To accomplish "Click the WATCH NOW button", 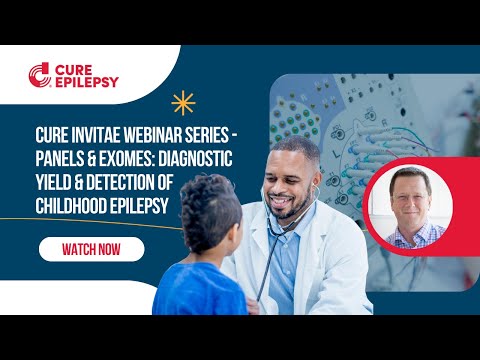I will [91, 249].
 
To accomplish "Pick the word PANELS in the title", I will [61, 156].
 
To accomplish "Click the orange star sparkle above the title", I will [182, 102].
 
